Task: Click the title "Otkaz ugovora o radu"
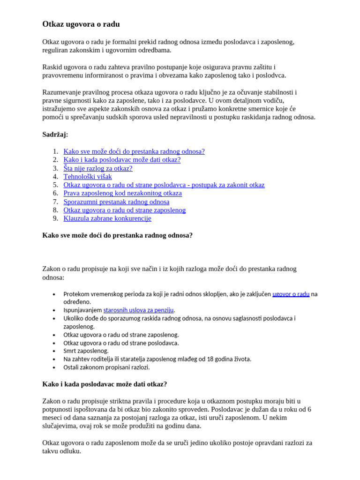tap(81, 24)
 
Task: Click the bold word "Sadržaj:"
tap(55, 135)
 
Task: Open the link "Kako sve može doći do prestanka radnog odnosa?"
tap(134, 151)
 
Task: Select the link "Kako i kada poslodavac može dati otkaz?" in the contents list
tap(122, 160)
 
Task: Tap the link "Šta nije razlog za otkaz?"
tap(98, 168)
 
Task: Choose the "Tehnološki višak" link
tap(88, 177)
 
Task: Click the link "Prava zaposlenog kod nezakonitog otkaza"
tap(123, 193)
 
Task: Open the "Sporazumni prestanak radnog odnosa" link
tap(116, 202)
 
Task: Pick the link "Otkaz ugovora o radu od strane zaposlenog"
tap(125, 210)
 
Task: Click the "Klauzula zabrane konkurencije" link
tap(107, 218)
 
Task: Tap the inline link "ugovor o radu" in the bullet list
tap(291, 294)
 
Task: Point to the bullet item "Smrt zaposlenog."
tap(86, 351)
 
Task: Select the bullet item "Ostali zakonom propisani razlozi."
tap(106, 367)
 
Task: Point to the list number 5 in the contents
tap(55, 185)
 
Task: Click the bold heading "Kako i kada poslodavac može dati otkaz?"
tap(105, 384)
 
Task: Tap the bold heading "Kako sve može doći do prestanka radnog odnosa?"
tap(117, 235)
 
